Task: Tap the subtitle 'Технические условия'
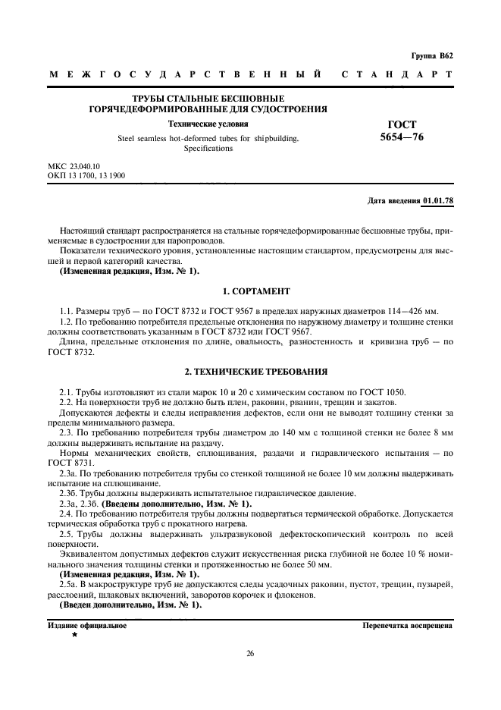click(x=208, y=124)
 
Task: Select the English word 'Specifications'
click(x=208, y=149)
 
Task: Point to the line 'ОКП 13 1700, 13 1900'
click(x=86, y=175)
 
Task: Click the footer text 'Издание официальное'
click(x=87, y=627)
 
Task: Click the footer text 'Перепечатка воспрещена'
click(x=407, y=627)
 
